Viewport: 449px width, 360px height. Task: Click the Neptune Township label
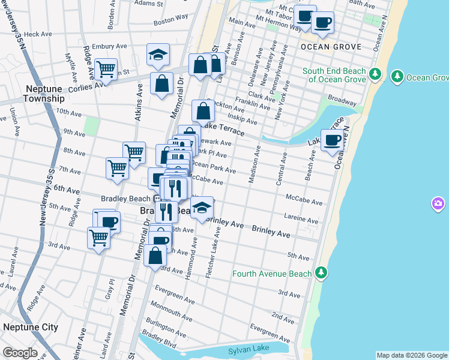tap(44, 94)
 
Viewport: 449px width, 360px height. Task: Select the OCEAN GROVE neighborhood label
tap(331, 47)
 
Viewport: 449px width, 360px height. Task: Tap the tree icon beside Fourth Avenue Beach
tap(322, 274)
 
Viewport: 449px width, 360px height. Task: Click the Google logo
tap(20, 353)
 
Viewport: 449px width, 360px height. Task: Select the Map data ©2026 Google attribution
tap(412, 355)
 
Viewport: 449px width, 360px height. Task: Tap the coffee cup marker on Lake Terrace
tap(333, 141)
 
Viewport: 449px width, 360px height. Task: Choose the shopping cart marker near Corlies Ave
tap(106, 70)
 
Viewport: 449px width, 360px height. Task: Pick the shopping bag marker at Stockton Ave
tap(203, 111)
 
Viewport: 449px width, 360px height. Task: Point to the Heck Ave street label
tap(39, 34)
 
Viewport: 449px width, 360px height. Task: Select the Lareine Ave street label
tap(302, 221)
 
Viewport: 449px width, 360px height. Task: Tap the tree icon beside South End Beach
tap(375, 74)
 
